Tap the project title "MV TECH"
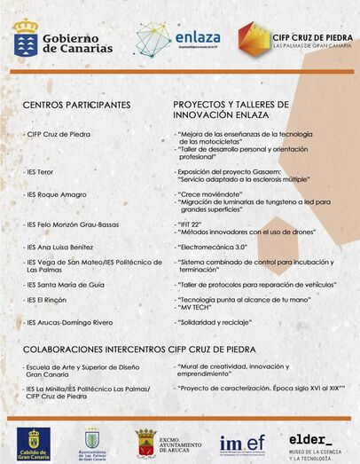[200, 307]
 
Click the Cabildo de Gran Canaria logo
[34, 441]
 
